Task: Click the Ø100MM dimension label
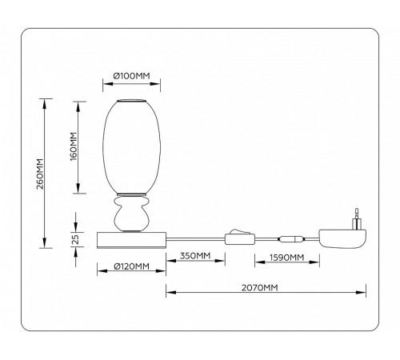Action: pyautogui.click(x=131, y=75)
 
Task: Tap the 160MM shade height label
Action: pyautogui.click(x=73, y=147)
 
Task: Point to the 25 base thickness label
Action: pyautogui.click(x=73, y=238)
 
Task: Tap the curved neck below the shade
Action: pyautogui.click(x=131, y=214)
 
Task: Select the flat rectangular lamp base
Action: pyautogui.click(x=131, y=238)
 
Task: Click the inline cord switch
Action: pyautogui.click(x=238, y=238)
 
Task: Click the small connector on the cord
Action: pyautogui.click(x=290, y=238)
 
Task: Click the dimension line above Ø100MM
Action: pyautogui.click(x=131, y=84)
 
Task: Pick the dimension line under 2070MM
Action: pyautogui.click(x=265, y=294)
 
